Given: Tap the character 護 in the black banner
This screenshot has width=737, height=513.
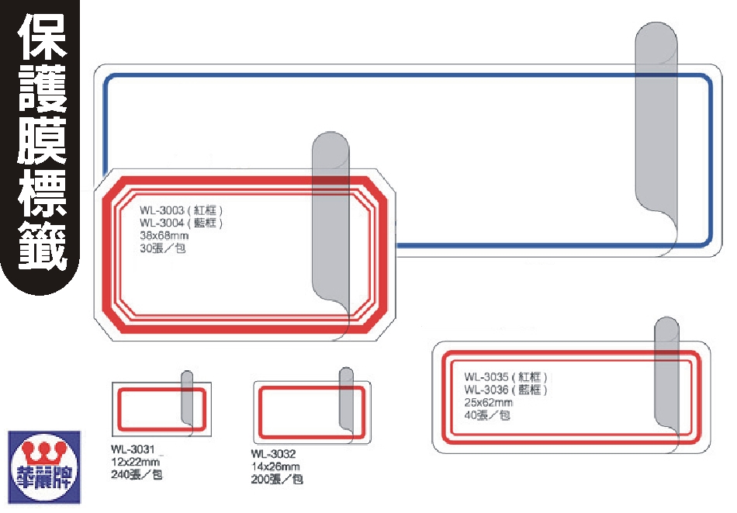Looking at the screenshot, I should (x=43, y=88).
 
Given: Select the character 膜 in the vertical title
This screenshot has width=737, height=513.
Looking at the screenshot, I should (x=43, y=140).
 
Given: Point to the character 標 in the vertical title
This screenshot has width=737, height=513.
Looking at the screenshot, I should (x=43, y=192).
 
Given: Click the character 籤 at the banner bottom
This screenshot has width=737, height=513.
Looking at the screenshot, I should (x=43, y=244).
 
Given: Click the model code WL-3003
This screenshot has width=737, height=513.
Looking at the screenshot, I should (x=161, y=210).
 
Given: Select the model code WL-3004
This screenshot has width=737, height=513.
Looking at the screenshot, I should (x=161, y=224).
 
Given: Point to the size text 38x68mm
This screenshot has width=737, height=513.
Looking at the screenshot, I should (x=164, y=236).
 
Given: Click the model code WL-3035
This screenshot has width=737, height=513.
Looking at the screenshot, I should (x=486, y=377).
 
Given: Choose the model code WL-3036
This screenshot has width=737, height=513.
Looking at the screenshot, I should (x=486, y=390).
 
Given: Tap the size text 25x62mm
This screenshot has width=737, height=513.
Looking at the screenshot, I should (x=488, y=403).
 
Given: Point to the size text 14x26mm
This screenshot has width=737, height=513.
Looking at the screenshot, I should (x=275, y=466).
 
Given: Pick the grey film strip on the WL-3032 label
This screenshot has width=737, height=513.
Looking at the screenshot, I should (x=347, y=396).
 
